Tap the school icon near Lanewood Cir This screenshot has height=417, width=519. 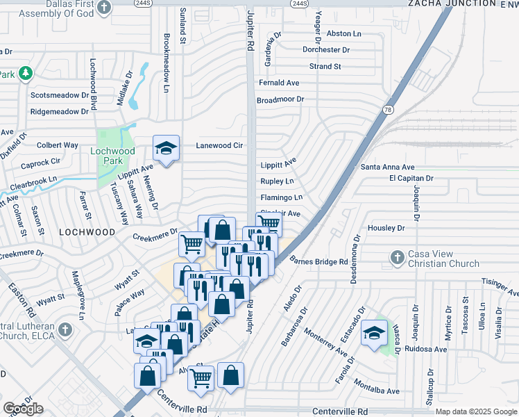tap(166, 148)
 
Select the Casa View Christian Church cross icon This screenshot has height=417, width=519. tap(397, 256)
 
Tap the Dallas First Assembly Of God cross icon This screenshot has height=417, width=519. tap(103, 8)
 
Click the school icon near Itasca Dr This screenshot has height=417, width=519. tap(375, 332)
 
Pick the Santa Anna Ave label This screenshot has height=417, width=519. tap(387, 167)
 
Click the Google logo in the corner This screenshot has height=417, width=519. tap(23, 409)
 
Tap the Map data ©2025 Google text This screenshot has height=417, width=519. tap(477, 411)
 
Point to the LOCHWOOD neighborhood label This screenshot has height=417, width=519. tap(87, 231)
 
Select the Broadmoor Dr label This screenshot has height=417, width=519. tap(280, 99)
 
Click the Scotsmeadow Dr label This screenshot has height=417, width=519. tap(60, 95)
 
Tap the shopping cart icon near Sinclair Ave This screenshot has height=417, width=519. tap(268, 222)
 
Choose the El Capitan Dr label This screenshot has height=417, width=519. tap(411, 178)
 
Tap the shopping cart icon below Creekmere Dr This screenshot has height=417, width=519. tap(192, 243)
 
